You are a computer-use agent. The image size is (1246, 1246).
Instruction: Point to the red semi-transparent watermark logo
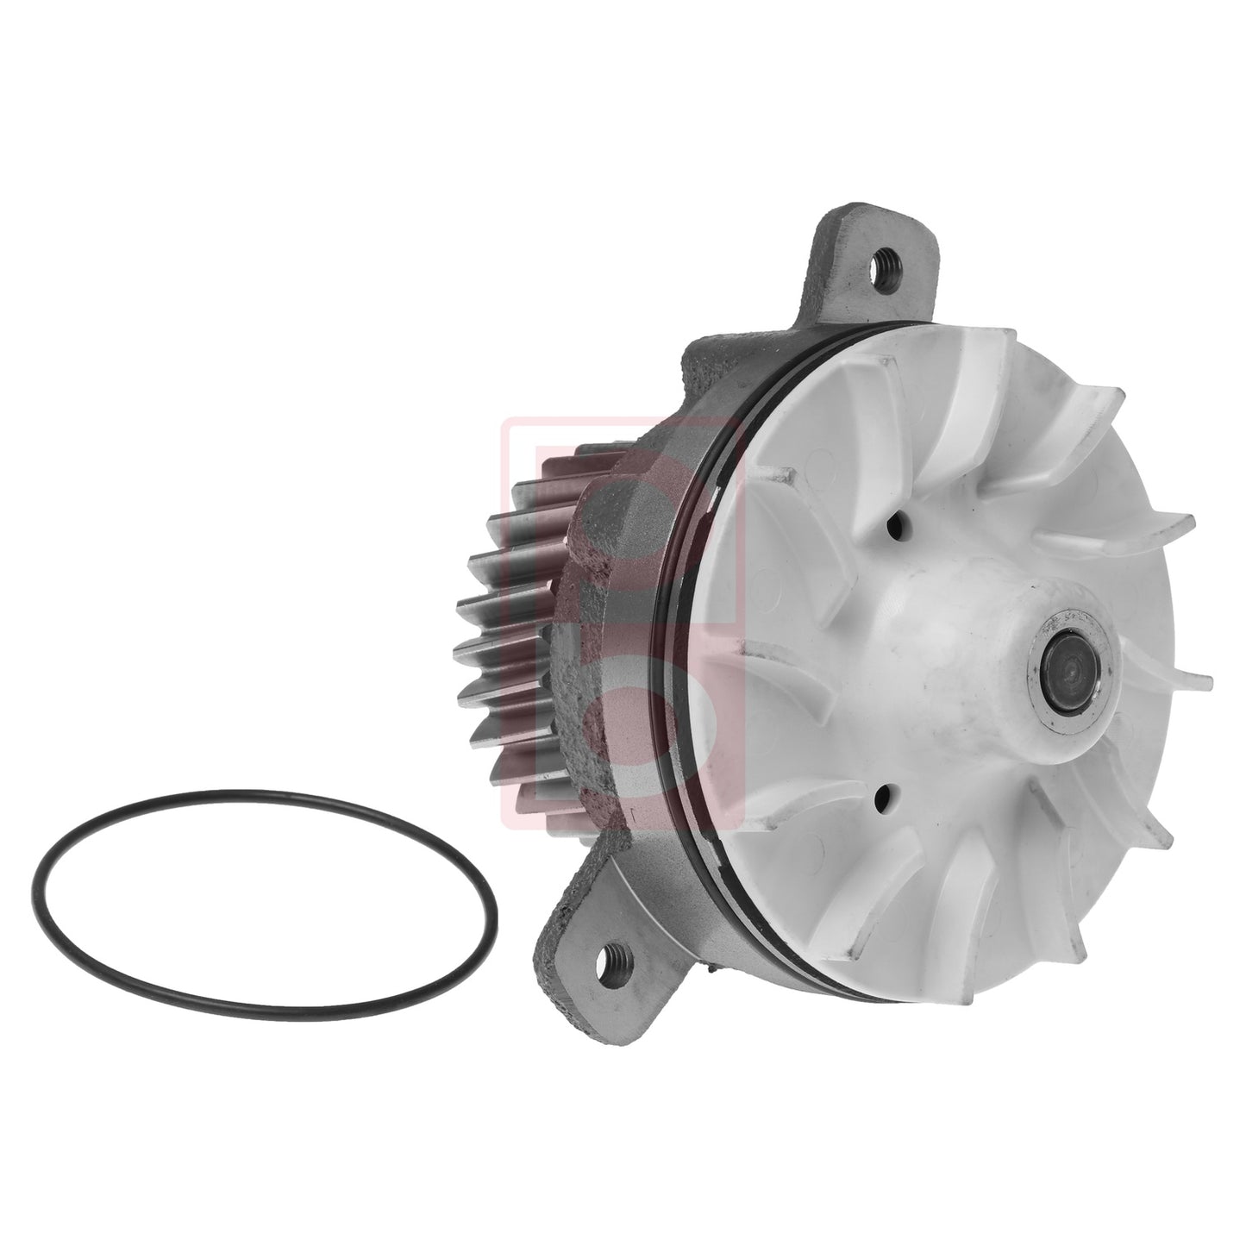[621, 629]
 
